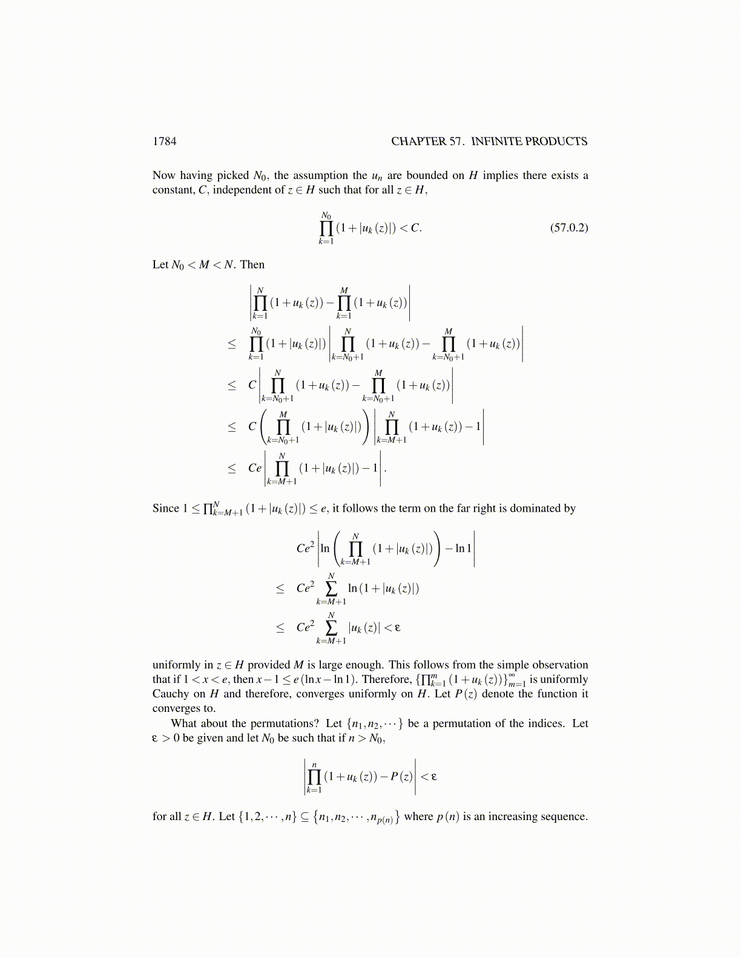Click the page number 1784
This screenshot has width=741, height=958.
click(x=164, y=142)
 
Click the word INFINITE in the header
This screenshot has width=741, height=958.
click(x=496, y=142)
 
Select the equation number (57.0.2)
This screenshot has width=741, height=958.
click(x=568, y=228)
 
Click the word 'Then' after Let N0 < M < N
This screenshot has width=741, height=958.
click(x=252, y=265)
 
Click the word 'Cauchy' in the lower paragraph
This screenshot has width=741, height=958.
click(x=171, y=694)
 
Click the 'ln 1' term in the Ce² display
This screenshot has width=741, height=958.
click(x=463, y=549)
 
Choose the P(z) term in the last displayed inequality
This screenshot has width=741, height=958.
click(x=401, y=777)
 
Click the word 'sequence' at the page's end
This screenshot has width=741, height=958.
click(x=567, y=816)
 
